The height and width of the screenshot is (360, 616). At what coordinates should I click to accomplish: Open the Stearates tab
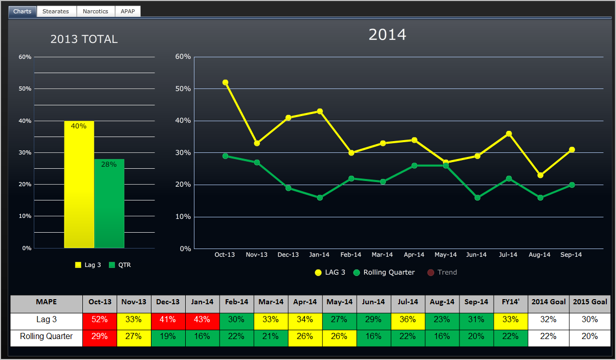(56, 11)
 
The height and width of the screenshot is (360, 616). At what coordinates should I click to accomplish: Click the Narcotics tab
(96, 11)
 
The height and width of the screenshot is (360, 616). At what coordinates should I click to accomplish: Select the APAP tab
(128, 11)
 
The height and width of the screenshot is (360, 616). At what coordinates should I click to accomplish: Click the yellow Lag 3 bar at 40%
(79, 184)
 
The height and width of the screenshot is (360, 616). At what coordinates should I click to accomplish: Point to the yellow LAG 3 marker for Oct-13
(225, 82)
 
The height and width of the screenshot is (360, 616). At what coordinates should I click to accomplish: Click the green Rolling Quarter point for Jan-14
(320, 197)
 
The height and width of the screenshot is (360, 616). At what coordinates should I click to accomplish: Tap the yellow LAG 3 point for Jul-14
(509, 134)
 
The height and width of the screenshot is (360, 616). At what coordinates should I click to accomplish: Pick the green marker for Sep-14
(571, 185)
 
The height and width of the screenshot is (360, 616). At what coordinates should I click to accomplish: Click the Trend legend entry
(442, 272)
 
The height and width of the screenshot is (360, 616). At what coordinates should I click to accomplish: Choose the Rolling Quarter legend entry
(384, 272)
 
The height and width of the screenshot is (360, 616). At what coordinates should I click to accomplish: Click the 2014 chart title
(387, 35)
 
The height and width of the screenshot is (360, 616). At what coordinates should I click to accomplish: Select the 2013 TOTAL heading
(84, 39)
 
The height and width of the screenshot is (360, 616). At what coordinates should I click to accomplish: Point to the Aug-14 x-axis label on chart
(539, 255)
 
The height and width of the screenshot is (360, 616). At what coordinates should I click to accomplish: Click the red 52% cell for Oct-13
(100, 320)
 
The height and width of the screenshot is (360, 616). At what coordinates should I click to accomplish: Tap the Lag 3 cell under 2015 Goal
(590, 320)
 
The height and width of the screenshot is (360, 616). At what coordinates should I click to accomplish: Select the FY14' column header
(511, 302)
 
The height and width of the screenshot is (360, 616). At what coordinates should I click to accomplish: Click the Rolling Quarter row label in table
(47, 336)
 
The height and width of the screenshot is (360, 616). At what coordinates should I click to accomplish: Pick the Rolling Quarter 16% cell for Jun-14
(374, 336)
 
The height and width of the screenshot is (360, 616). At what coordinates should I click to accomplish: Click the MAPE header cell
(47, 302)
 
